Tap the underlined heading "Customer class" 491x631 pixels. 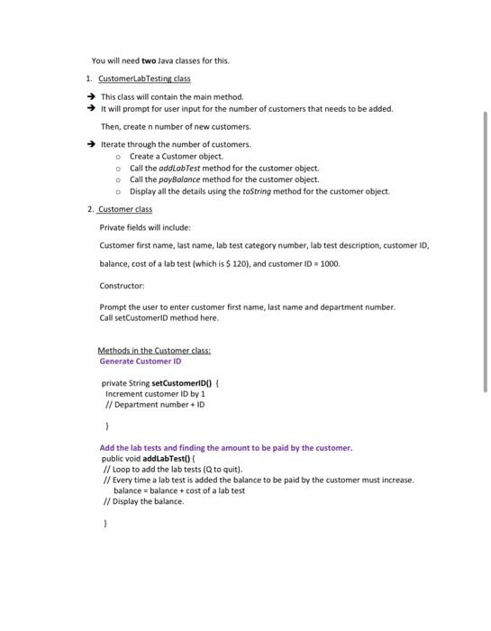pyautogui.click(x=125, y=209)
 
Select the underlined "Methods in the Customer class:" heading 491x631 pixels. pyautogui.click(x=154, y=351)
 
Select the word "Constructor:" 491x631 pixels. pyautogui.click(x=122, y=286)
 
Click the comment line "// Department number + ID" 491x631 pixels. pyautogui.click(x=150, y=405)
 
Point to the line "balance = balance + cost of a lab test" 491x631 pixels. pyautogui.click(x=179, y=490)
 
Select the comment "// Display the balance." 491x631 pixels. pyautogui.click(x=144, y=501)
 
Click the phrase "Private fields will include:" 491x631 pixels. pyautogui.click(x=145, y=227)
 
